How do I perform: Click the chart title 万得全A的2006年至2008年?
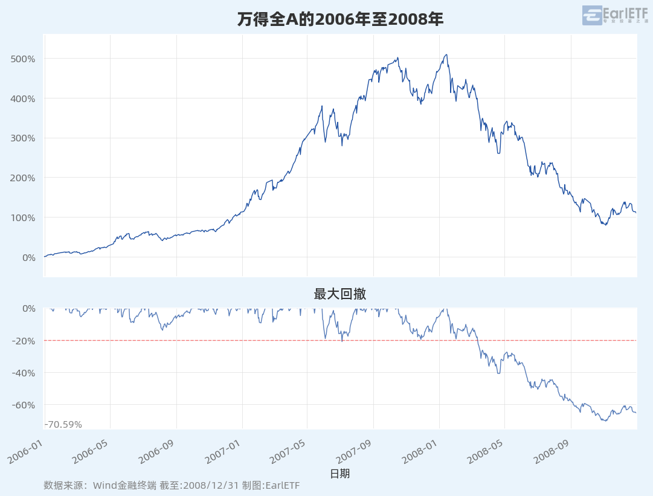[340, 19]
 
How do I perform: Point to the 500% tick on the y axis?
[23, 59]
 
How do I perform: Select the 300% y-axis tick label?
[23, 138]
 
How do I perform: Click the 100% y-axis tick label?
[23, 217]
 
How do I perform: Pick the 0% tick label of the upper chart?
[28, 257]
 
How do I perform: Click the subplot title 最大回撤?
[340, 294]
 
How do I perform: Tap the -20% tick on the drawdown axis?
[24, 341]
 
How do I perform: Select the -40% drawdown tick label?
[24, 373]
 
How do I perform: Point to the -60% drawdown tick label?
[24, 405]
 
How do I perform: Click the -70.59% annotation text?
[63, 425]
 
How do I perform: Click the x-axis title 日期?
[340, 474]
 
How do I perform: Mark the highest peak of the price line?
[446, 54]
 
